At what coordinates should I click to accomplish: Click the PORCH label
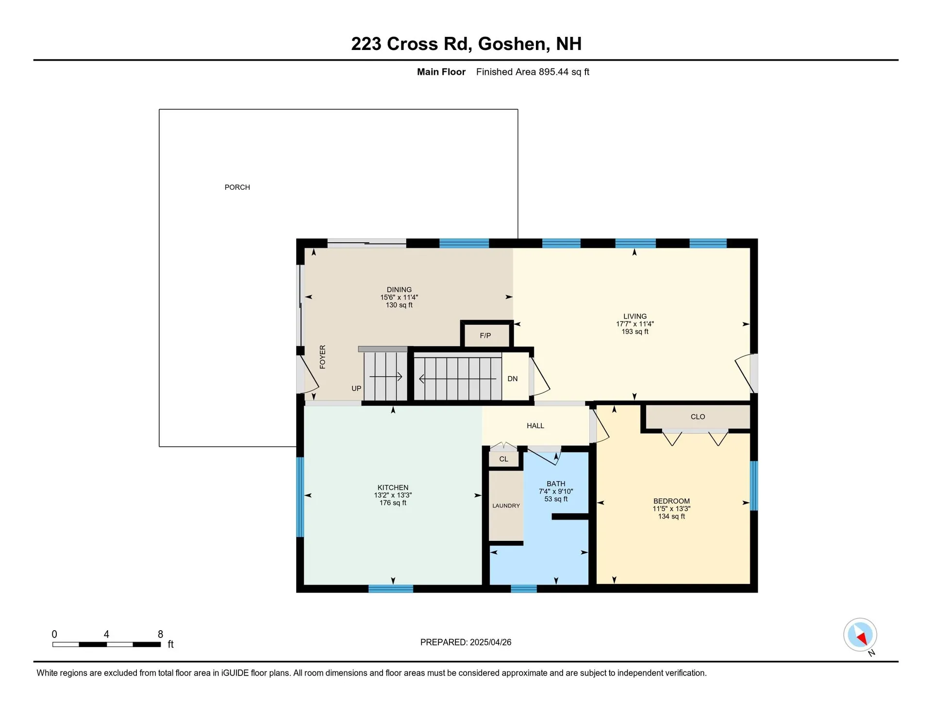point(237,187)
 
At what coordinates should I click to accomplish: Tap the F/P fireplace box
point(485,335)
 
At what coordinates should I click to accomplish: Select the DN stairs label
point(513,379)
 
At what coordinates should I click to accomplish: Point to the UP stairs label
point(356,388)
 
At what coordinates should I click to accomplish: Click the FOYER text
point(323,357)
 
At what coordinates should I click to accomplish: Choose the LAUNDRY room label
point(506,505)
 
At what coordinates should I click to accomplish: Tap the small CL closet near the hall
point(503,459)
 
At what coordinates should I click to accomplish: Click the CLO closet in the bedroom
point(698,417)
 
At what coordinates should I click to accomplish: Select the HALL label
point(535,426)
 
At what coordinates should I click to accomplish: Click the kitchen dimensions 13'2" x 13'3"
point(393,495)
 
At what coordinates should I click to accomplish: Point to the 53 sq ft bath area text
point(556,499)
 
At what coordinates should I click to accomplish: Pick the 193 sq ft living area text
point(634,332)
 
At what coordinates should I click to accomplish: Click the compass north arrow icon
point(860,635)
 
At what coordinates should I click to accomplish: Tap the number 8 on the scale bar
point(160,634)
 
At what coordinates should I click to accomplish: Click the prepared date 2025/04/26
point(490,642)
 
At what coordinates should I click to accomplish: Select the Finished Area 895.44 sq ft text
point(532,72)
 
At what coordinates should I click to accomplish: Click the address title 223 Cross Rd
point(411,44)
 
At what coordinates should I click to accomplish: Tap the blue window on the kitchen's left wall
point(300,497)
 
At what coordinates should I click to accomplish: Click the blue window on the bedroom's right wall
point(754,486)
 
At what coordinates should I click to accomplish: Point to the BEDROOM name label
point(671,501)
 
